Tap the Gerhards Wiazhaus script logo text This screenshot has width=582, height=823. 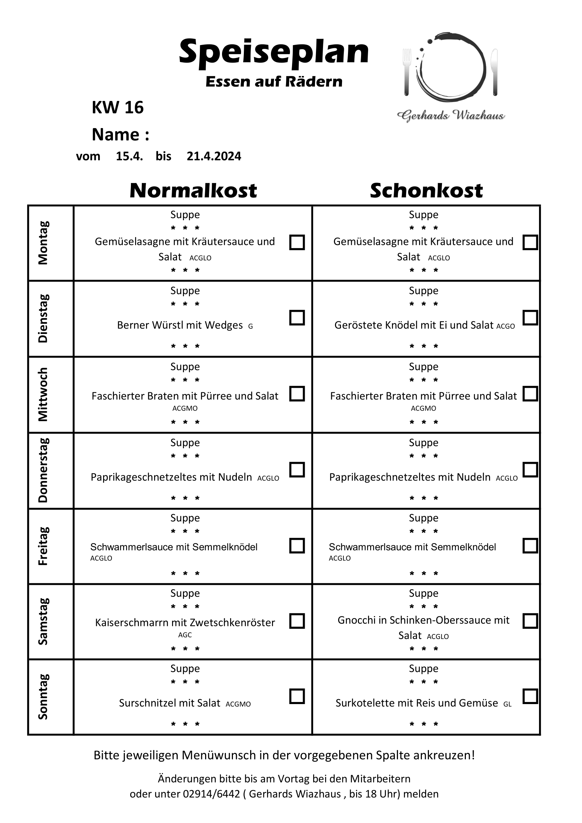(x=450, y=115)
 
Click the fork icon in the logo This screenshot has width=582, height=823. (x=406, y=72)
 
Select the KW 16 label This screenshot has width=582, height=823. (x=118, y=108)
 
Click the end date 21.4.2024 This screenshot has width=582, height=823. (x=214, y=156)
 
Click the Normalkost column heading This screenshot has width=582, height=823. (x=193, y=190)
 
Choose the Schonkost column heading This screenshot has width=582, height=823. (x=426, y=190)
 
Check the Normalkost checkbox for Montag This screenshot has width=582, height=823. (x=297, y=242)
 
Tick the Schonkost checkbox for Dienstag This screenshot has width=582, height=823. (x=530, y=318)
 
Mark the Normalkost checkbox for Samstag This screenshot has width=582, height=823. (x=297, y=621)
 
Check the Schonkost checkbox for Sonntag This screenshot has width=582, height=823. (x=530, y=696)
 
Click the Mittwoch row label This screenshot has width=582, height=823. (x=43, y=394)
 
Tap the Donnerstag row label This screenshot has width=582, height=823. (x=43, y=470)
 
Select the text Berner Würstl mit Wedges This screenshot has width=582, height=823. (x=180, y=325)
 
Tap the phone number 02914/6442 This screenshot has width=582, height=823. (x=211, y=793)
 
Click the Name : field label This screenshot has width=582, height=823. (x=120, y=135)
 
